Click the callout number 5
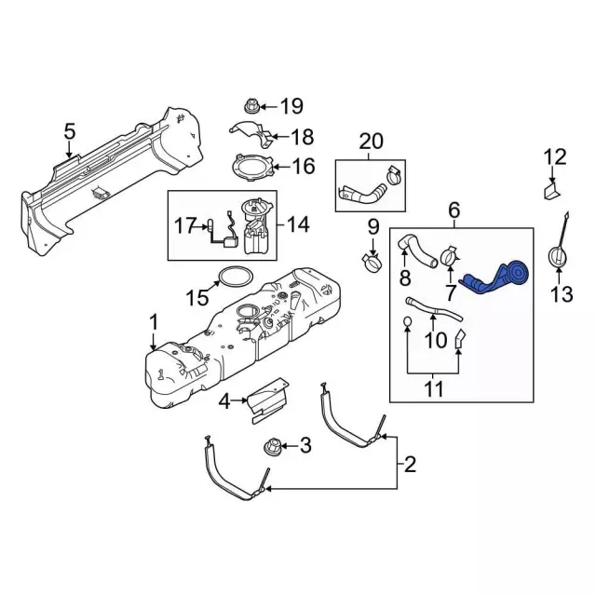(x=69, y=132)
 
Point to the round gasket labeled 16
(x=252, y=169)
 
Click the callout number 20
(x=371, y=142)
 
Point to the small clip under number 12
(x=549, y=193)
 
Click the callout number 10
(x=437, y=341)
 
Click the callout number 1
(x=153, y=323)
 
